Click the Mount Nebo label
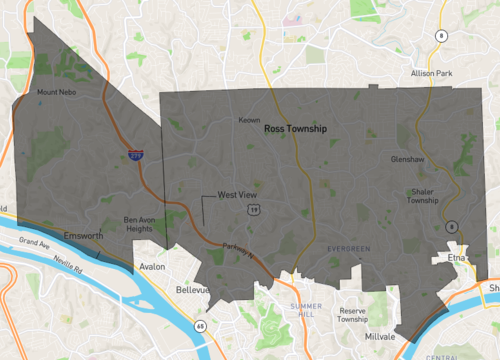tap(56, 94)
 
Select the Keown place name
tap(249, 120)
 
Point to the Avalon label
tap(152, 267)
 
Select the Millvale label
tap(380, 337)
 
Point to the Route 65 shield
tap(200, 326)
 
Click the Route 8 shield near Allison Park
tap(440, 36)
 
